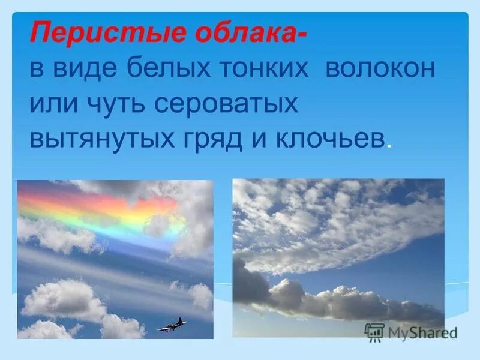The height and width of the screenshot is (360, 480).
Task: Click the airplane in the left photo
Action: point(172,325)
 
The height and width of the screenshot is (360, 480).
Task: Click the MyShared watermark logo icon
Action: point(374,331)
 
